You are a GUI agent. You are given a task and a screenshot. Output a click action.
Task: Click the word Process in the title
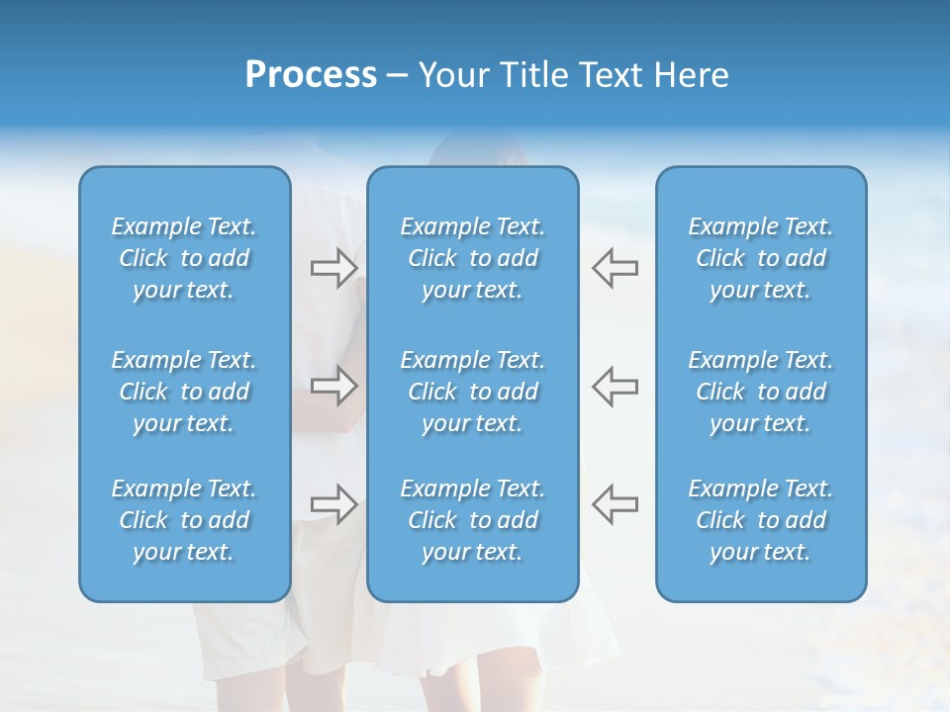[311, 75]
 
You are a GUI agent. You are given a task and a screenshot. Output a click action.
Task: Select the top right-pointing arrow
[333, 268]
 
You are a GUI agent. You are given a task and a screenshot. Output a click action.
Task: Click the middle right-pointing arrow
[333, 386]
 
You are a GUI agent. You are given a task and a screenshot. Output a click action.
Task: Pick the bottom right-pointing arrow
[333, 503]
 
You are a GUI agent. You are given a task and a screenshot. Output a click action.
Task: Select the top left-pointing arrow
[615, 268]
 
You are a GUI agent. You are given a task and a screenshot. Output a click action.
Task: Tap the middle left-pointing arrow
[615, 386]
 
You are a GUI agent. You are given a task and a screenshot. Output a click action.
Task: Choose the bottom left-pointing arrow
[615, 503]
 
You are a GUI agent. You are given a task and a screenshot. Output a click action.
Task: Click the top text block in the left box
[184, 258]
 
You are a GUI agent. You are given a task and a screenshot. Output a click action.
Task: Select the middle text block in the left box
[184, 392]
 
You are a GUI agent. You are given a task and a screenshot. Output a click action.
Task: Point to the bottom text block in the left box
[184, 520]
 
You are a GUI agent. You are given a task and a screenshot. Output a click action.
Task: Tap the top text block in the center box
[473, 258]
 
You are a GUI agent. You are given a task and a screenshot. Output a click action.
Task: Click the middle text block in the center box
[473, 392]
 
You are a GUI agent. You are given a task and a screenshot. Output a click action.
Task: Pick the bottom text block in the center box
[473, 520]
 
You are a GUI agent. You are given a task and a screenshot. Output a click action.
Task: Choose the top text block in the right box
[761, 258]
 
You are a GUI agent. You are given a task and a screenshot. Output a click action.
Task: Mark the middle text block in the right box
[761, 392]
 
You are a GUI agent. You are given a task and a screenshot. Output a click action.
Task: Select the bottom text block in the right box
[761, 520]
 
